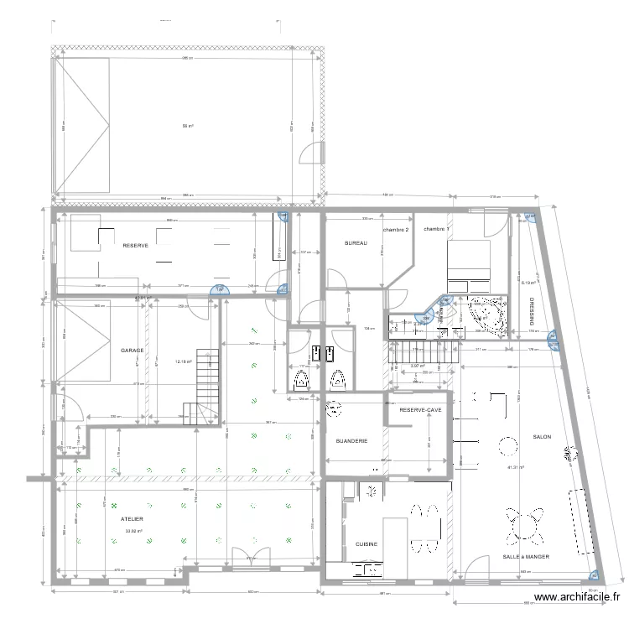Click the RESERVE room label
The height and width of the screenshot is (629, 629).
pyautogui.click(x=135, y=246)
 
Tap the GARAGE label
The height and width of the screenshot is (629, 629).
pyautogui.click(x=132, y=351)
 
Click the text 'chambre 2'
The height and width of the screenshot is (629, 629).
pyautogui.click(x=396, y=230)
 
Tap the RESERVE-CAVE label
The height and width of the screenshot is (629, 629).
pyautogui.click(x=420, y=410)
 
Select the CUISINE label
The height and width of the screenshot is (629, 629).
pyautogui.click(x=366, y=544)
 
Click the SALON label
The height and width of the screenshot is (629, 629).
pyautogui.click(x=541, y=437)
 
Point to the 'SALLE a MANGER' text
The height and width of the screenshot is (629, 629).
pyautogui.click(x=526, y=556)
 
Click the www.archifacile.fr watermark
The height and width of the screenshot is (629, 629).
pyautogui.click(x=576, y=598)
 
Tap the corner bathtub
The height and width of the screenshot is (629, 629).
pyautogui.click(x=485, y=312)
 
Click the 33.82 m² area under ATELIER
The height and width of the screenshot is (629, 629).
pyautogui.click(x=133, y=531)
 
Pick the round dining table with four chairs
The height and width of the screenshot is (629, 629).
pyautogui.click(x=522, y=527)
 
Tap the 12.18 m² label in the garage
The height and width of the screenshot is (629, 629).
pyautogui.click(x=183, y=362)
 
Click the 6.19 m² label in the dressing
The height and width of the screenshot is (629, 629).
pyautogui.click(x=528, y=283)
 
